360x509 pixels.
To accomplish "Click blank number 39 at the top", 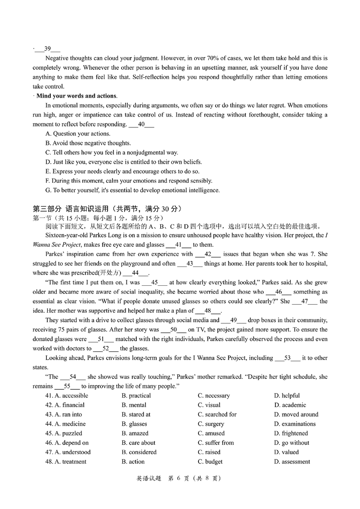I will [47, 49].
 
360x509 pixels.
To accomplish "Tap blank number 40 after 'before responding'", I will [141, 124].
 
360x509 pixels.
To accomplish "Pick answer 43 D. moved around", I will [296, 414].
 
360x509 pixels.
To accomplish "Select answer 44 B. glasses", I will [134, 424].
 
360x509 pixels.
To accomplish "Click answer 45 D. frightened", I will [291, 433].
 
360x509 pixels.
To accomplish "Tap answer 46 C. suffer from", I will [216, 443].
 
